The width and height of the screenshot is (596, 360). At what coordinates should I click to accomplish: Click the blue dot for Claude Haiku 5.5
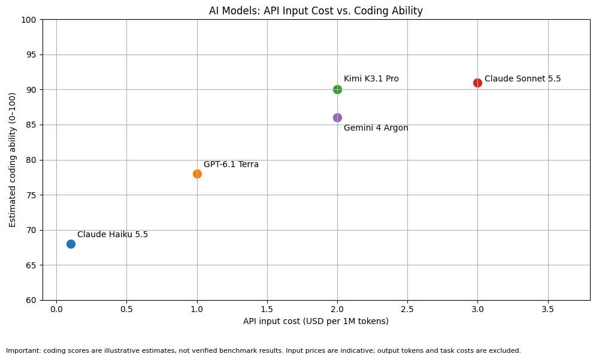pos(71,244)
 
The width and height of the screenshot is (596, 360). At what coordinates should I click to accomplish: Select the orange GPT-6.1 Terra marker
pos(197,174)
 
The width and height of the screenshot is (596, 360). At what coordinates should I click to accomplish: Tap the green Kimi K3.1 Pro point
pos(337,90)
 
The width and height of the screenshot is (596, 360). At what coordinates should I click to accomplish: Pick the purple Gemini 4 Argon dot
pos(337,118)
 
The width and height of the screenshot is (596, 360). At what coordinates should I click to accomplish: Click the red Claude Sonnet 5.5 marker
pos(478,83)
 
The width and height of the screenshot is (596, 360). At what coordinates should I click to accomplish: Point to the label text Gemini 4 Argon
pos(376,128)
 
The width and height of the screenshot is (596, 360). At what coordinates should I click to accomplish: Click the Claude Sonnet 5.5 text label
pos(523,78)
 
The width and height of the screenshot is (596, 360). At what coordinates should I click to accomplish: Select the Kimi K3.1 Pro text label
pos(371,78)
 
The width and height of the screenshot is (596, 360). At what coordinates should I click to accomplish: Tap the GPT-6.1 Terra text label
pos(231,164)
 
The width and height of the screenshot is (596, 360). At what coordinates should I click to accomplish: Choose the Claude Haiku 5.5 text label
pos(113,234)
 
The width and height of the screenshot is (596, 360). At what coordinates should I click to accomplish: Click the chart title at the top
pos(316,11)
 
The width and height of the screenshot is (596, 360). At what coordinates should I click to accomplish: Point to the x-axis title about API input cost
pos(316,321)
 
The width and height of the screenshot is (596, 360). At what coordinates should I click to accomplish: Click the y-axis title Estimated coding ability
pos(12,160)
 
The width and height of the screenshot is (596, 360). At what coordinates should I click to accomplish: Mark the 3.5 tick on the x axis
pos(547,310)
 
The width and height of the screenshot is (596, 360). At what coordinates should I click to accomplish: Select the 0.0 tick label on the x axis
pos(56,310)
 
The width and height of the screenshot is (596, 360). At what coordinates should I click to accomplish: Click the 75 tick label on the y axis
pos(31,195)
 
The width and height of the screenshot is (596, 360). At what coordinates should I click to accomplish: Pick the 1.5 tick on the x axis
pos(267,310)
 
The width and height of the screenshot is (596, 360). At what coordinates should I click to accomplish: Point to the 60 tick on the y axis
pos(31,301)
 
